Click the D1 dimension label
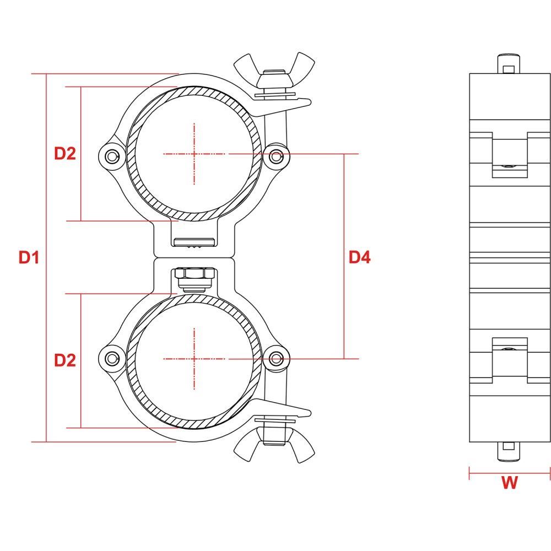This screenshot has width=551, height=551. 29,257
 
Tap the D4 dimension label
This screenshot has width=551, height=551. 359,257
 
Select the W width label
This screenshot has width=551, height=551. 509,483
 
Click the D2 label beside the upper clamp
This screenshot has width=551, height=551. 65,154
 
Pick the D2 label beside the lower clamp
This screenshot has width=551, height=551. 65,360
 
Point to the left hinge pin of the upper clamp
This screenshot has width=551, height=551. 112,156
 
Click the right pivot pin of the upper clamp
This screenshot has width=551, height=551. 276,156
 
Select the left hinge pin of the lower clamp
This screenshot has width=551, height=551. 112,359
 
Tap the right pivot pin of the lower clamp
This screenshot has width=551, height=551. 276,359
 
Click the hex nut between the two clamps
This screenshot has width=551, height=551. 195,273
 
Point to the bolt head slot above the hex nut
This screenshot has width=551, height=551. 195,242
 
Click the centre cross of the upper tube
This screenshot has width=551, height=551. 195,154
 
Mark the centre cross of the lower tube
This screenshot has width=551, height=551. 195,359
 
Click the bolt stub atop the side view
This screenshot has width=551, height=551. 509,63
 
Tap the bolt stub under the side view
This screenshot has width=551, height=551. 509,452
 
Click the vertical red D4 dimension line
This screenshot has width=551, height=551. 344,256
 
